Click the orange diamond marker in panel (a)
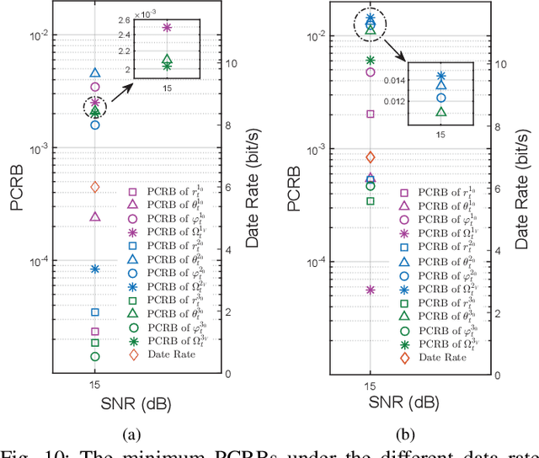pyautogui.click(x=95, y=187)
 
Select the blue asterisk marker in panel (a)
pyautogui.click(x=95, y=269)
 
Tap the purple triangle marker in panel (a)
pyautogui.click(x=95, y=216)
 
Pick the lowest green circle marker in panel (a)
pyautogui.click(x=95, y=356)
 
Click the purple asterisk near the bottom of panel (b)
pyautogui.click(x=371, y=290)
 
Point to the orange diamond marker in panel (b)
pyautogui.click(x=371, y=157)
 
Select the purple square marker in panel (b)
pyautogui.click(x=371, y=114)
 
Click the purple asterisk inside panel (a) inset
pyautogui.click(x=167, y=28)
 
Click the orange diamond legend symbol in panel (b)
pyautogui.click(x=403, y=358)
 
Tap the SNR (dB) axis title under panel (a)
pyautogui.click(x=95, y=402)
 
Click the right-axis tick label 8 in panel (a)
pyautogui.click(x=230, y=125)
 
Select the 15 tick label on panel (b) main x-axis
pyautogui.click(x=371, y=384)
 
